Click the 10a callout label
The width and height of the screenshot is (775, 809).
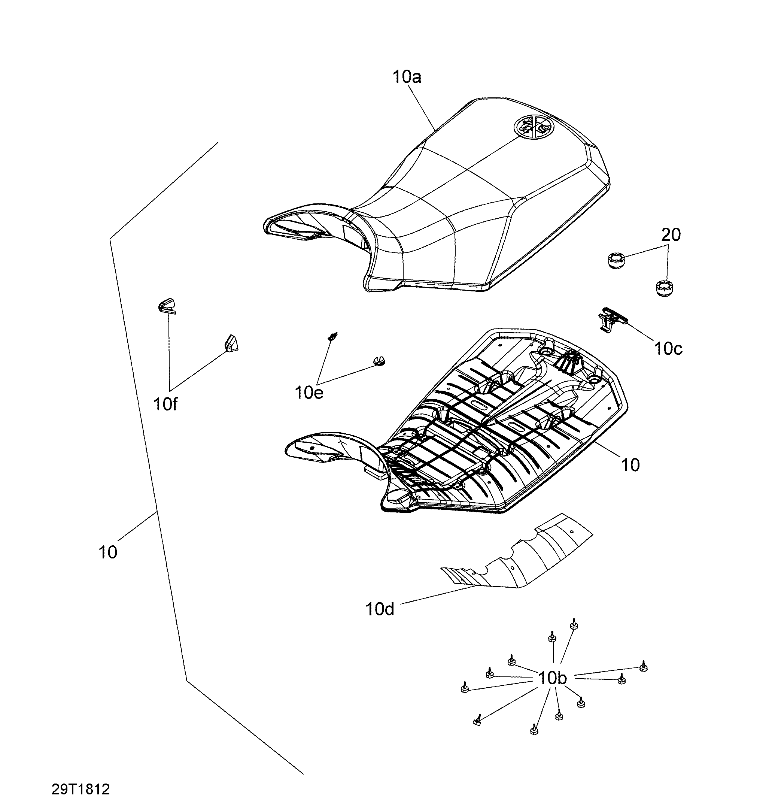407,77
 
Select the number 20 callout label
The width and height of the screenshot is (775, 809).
671,235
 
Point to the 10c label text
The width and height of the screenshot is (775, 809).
669,349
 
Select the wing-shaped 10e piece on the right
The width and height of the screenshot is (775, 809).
379,361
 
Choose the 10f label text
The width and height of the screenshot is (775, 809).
165,404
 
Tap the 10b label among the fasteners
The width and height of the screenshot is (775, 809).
553,678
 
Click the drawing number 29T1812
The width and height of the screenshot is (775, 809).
81,789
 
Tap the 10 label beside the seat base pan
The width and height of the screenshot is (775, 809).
630,465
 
